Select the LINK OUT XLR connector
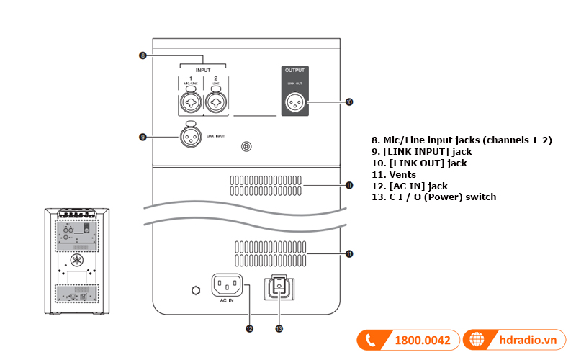click(x=295, y=102)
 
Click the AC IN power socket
click(x=227, y=285)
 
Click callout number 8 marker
click(x=143, y=55)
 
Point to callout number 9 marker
click(x=143, y=135)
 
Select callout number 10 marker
click(x=348, y=102)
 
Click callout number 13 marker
click(x=279, y=329)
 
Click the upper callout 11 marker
click(x=349, y=185)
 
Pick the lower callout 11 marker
click(x=349, y=253)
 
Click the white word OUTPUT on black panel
click(x=295, y=71)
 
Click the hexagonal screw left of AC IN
click(x=194, y=290)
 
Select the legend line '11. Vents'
click(x=395, y=174)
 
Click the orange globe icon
click(x=476, y=340)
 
